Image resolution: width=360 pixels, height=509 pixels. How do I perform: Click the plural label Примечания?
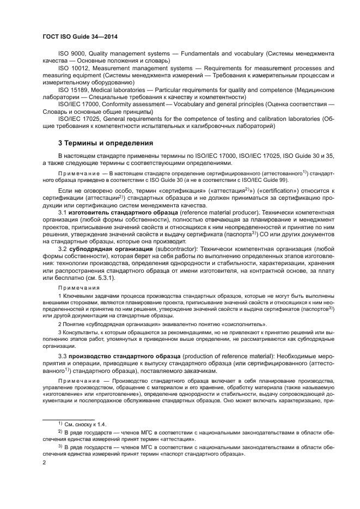pyautogui.click(x=78, y=287)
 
